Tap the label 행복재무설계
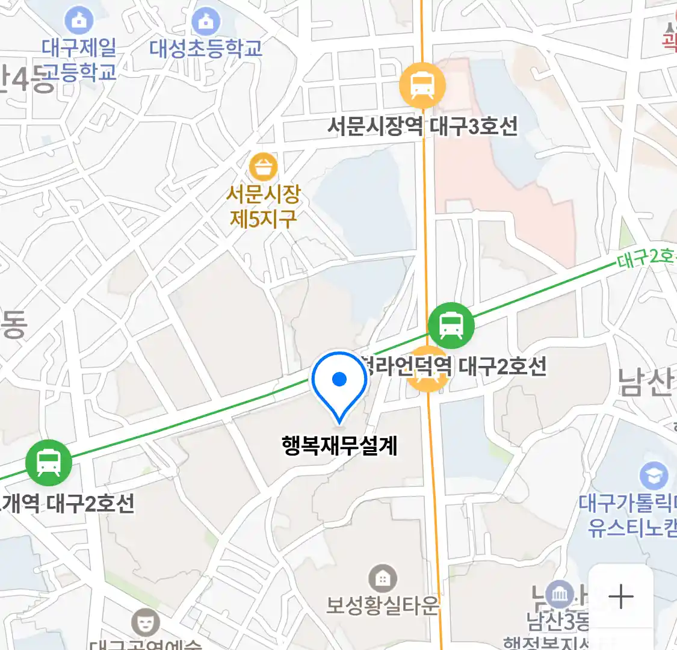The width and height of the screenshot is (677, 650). (340, 446)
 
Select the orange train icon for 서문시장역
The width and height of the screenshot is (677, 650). (422, 86)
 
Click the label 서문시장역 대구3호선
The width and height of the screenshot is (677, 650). (422, 126)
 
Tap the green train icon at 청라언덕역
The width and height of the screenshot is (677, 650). (451, 326)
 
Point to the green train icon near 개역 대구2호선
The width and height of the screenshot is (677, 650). (49, 463)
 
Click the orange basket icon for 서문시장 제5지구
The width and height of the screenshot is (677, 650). (263, 167)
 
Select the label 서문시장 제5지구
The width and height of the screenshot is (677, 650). (263, 206)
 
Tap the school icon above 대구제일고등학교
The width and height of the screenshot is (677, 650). (79, 21)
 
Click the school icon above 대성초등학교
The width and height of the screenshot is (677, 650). (206, 22)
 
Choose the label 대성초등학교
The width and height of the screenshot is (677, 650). (206, 49)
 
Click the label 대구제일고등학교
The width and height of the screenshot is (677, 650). (79, 60)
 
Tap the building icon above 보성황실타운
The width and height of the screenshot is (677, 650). (382, 579)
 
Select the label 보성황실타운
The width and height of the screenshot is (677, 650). (383, 605)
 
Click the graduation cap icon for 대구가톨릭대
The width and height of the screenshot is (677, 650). (654, 476)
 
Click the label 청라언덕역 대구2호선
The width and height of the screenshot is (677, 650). (457, 366)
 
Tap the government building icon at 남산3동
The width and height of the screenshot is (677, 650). (560, 594)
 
